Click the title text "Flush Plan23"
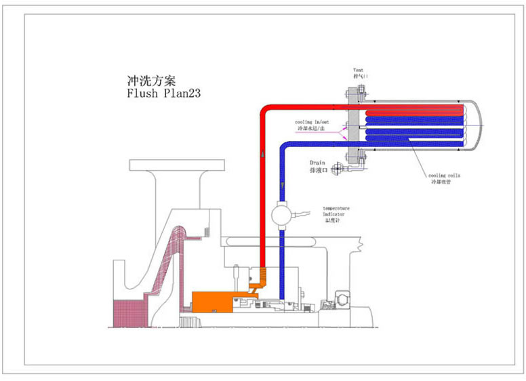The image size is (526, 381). point(163,94)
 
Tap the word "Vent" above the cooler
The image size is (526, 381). point(359,71)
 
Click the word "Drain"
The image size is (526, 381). point(318,163)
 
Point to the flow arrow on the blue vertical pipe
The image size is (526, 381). point(281,184)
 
